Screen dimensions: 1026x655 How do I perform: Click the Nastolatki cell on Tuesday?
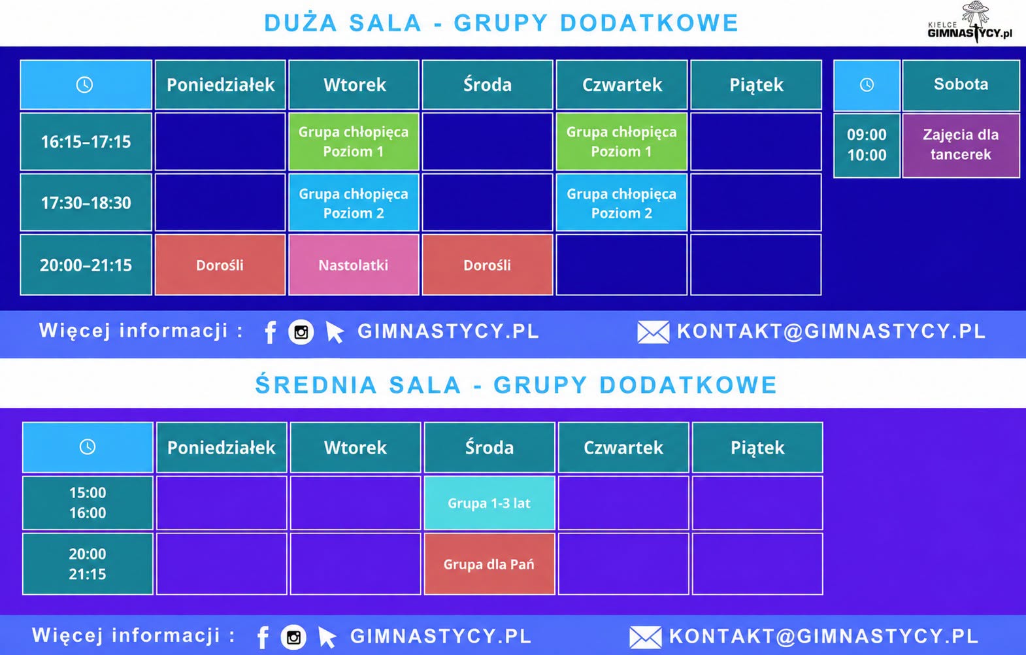[354, 265]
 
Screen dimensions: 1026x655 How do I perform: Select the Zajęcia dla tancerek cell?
[961, 144]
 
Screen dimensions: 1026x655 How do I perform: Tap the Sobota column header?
[961, 85]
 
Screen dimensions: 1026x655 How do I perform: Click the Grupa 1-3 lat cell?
[489, 503]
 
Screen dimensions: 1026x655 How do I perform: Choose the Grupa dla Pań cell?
[489, 564]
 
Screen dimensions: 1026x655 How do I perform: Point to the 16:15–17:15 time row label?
[86, 142]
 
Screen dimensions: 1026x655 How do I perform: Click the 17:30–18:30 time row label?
[86, 203]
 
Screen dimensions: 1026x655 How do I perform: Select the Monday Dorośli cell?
[220, 265]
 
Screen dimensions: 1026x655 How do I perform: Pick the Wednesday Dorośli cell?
[488, 265]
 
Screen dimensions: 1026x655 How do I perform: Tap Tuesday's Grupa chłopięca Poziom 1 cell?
[354, 142]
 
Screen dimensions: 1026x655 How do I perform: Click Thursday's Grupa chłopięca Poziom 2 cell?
[621, 203]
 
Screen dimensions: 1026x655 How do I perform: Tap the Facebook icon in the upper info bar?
[271, 331]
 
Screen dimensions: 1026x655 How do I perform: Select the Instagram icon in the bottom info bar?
[293, 637]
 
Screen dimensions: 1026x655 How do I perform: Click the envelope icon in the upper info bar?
[653, 332]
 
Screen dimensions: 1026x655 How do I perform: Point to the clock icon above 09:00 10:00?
[867, 85]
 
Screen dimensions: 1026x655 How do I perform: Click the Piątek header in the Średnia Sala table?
[757, 448]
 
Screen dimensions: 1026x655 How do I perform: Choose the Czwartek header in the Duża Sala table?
[622, 85]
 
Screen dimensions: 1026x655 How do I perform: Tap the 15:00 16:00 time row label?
[88, 503]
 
